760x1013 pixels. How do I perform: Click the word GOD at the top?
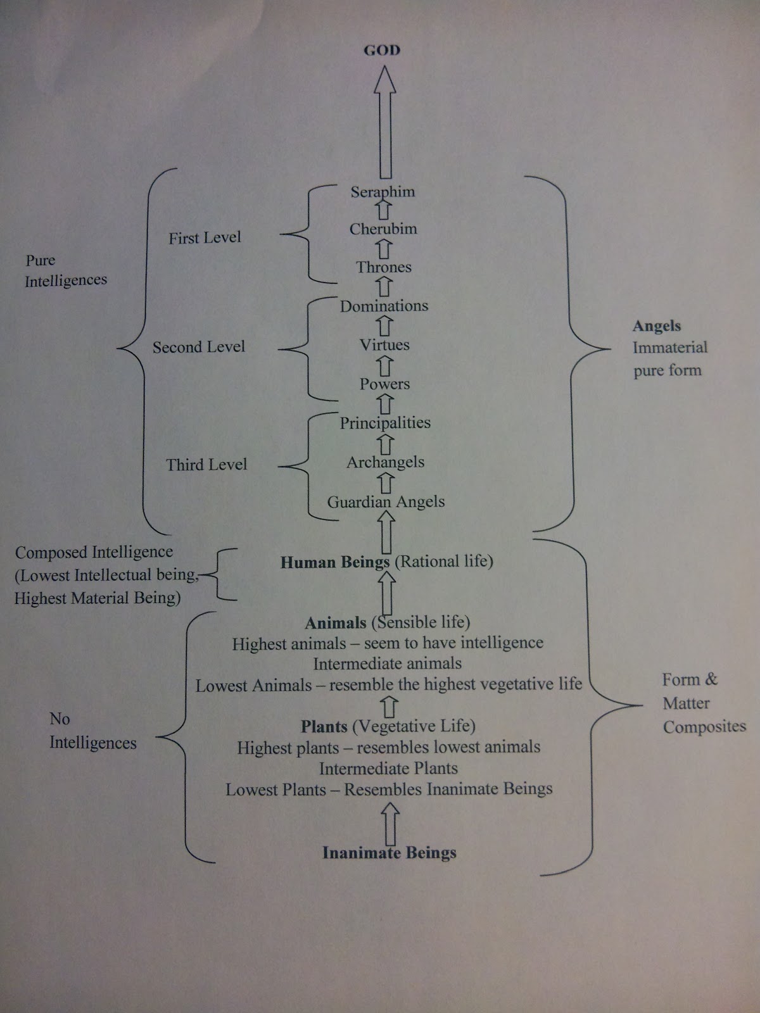382,50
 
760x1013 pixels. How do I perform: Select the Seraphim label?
383,191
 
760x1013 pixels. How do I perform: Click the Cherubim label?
383,229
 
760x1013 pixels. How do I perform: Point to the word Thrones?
384,267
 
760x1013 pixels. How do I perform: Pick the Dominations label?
384,306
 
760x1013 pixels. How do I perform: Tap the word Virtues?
384,345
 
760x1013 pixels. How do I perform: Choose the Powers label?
384,384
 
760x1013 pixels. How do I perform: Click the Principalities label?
385,423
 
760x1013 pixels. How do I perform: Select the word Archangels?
385,462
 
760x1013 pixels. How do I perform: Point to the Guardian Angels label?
386,501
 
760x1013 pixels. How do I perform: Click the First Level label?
205,237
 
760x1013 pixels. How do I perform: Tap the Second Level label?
198,347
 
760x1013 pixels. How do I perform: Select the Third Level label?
206,465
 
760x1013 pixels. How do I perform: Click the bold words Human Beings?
335,562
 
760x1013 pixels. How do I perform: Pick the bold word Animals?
336,623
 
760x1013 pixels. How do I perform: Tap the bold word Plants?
324,726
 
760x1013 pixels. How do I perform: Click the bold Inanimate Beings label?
389,853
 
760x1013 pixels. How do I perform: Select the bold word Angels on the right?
657,326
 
